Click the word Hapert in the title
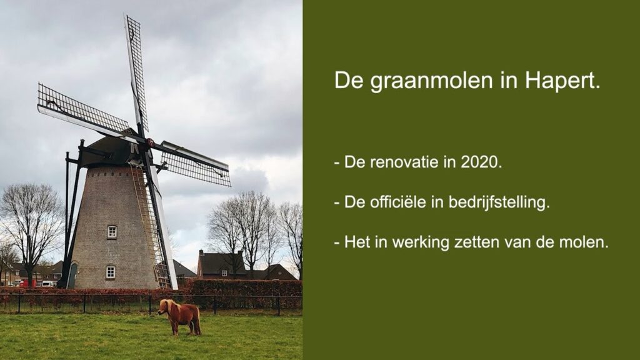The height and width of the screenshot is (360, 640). click(x=563, y=81)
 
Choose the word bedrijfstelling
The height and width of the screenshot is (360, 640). click(x=499, y=202)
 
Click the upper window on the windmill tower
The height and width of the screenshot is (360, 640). click(x=112, y=232)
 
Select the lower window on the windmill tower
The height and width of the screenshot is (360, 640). click(x=110, y=272)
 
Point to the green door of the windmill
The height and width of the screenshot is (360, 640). click(x=72, y=275)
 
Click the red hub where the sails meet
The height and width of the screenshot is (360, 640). click(x=151, y=142)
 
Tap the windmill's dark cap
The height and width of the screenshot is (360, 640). click(x=112, y=151)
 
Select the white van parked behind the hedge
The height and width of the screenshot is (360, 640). click(x=47, y=283)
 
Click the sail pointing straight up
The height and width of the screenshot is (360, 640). click(x=136, y=69)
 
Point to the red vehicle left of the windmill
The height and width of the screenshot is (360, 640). click(x=27, y=283)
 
